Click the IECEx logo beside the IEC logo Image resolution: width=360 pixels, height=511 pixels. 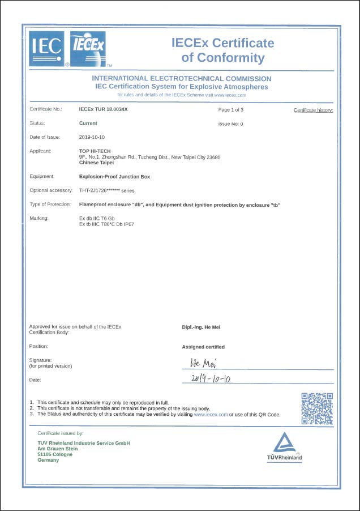87,49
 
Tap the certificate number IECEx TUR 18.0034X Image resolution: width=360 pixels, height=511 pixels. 103,109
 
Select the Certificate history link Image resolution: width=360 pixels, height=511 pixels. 313,110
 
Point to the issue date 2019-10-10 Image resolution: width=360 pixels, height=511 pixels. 92,137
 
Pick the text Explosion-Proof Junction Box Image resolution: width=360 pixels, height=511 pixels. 114,177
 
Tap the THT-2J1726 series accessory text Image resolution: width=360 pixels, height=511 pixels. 107,190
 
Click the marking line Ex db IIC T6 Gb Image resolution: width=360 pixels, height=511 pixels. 101,218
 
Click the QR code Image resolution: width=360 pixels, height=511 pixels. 317,408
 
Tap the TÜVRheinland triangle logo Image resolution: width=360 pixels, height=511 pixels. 285,444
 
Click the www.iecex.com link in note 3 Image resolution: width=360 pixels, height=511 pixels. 211,415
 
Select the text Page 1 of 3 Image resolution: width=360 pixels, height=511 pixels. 230,109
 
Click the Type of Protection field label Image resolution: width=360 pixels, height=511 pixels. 50,205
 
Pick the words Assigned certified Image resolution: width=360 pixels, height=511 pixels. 203,347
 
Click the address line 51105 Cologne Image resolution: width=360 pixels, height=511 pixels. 55,454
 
